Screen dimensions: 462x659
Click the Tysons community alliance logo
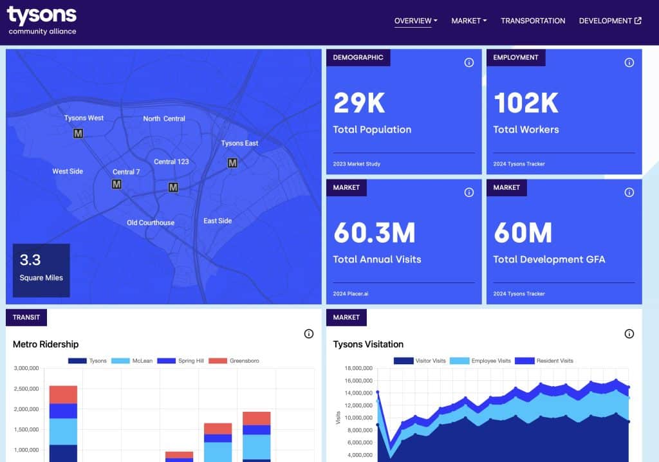(42, 21)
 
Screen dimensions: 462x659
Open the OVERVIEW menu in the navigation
(415, 21)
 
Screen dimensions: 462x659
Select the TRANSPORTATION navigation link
(533, 21)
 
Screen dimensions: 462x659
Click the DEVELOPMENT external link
(609, 21)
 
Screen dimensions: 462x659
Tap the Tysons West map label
(84, 118)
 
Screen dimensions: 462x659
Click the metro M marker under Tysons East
(232, 163)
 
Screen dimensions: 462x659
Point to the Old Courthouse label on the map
(151, 223)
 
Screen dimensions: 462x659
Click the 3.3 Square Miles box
(41, 270)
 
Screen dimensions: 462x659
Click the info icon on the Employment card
(629, 62)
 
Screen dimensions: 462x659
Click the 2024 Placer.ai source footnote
(351, 293)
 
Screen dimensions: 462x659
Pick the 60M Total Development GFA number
(523, 233)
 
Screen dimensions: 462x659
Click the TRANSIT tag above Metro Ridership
(26, 317)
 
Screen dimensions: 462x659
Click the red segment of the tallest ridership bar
(63, 394)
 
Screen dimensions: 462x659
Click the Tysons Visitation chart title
(368, 344)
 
